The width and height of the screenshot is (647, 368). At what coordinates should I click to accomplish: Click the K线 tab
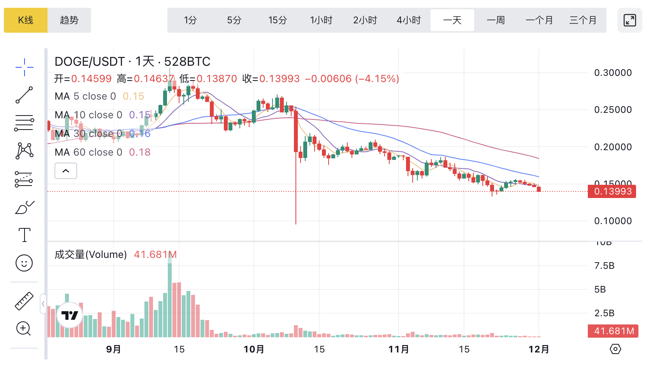tap(26, 20)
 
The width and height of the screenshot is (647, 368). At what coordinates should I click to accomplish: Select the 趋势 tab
tap(69, 20)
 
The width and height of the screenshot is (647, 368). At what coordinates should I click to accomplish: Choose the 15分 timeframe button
tap(278, 20)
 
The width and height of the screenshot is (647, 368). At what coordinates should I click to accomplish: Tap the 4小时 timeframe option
tap(409, 20)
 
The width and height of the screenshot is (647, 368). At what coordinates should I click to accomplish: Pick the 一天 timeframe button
tap(452, 20)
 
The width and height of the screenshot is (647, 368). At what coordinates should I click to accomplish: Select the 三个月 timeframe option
tap(583, 20)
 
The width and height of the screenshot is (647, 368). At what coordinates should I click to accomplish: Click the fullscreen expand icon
tap(629, 20)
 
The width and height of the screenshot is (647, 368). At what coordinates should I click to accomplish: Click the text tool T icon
tap(24, 235)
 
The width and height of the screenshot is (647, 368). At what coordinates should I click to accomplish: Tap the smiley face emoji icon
tap(24, 263)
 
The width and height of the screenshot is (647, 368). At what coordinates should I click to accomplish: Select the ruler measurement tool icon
tap(24, 301)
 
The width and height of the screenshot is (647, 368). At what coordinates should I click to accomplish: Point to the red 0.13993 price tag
tap(612, 191)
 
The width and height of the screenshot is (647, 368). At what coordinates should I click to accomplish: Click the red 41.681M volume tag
tap(613, 331)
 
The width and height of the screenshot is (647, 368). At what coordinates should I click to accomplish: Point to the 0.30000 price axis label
tap(613, 73)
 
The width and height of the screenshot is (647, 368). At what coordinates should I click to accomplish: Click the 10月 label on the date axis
tap(254, 349)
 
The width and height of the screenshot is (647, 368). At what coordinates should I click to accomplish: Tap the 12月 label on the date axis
tap(539, 349)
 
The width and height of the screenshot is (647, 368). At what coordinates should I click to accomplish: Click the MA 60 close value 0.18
tap(140, 152)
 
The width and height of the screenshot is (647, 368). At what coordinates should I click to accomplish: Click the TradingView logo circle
tap(70, 315)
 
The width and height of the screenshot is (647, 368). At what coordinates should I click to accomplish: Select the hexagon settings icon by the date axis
tap(615, 349)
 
